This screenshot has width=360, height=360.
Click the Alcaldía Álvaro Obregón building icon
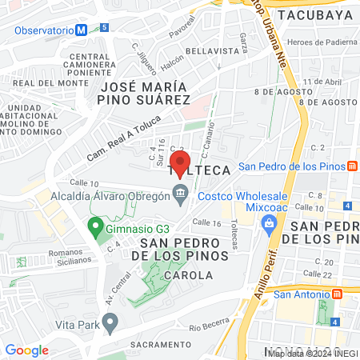[x=181, y=192]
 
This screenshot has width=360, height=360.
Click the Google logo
[x=27, y=349]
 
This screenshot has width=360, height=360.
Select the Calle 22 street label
[x=318, y=275]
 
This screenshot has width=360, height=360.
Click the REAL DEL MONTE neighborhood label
[x=50, y=82]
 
